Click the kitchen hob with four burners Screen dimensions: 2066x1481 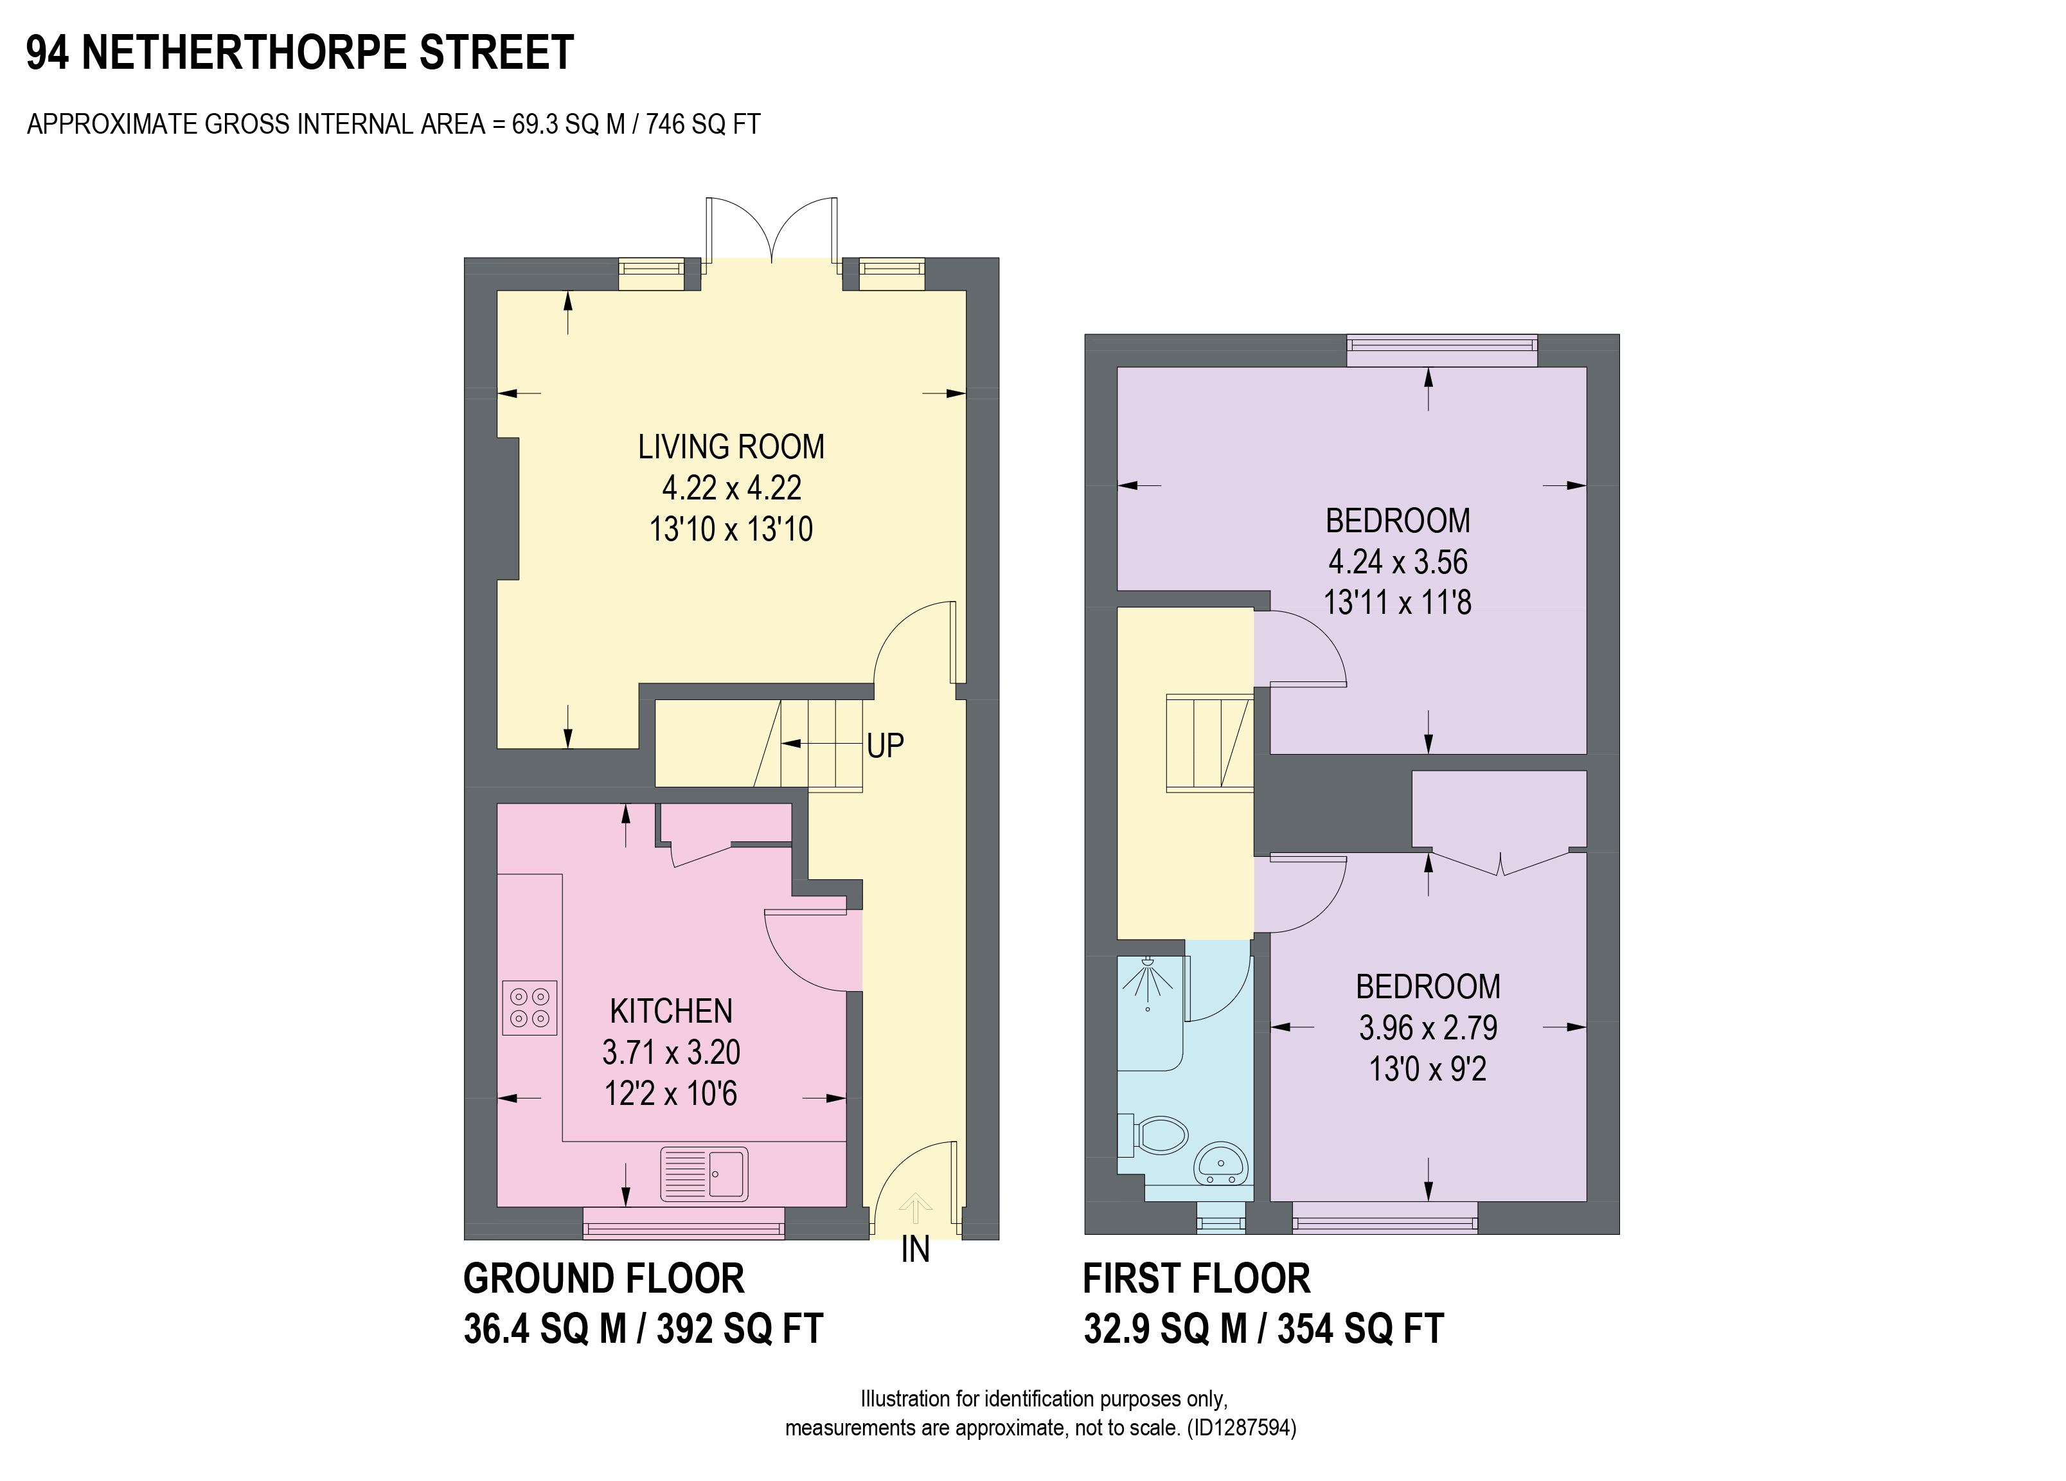(x=530, y=1007)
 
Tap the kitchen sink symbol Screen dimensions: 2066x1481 (x=704, y=1174)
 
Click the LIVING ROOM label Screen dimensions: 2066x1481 (x=731, y=447)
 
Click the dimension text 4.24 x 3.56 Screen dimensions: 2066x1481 (x=1398, y=561)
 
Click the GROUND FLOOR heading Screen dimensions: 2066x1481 (x=604, y=1279)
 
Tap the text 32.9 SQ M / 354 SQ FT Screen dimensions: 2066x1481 (x=1263, y=1329)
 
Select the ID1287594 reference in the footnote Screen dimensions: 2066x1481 (x=1243, y=1427)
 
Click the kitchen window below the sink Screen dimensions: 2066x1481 (x=683, y=1223)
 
